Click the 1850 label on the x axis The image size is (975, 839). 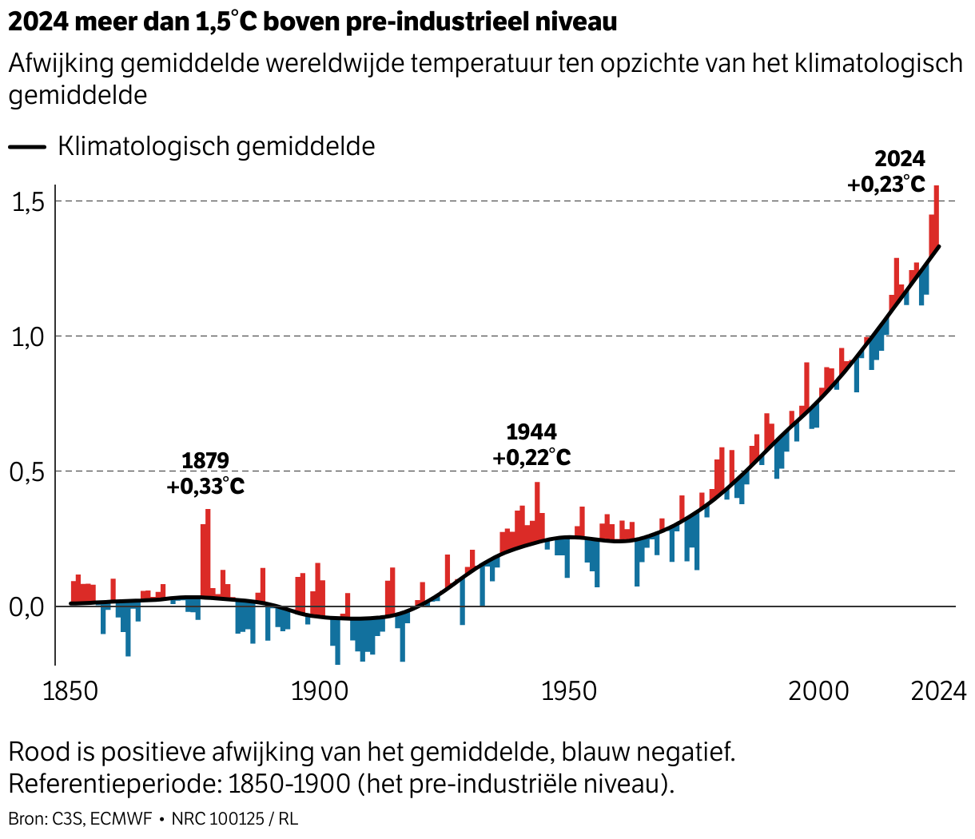click(70, 691)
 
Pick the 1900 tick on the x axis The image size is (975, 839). click(320, 691)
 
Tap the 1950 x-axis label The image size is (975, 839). click(569, 691)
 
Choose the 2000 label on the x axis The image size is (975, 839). click(818, 691)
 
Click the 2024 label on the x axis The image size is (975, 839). click(939, 691)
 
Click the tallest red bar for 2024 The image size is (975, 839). click(937, 216)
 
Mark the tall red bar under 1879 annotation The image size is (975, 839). click(208, 551)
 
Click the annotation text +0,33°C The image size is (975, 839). click(205, 486)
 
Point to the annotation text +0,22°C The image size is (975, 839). click(531, 458)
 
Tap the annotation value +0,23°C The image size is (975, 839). click(886, 185)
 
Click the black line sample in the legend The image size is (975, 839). click(28, 147)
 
